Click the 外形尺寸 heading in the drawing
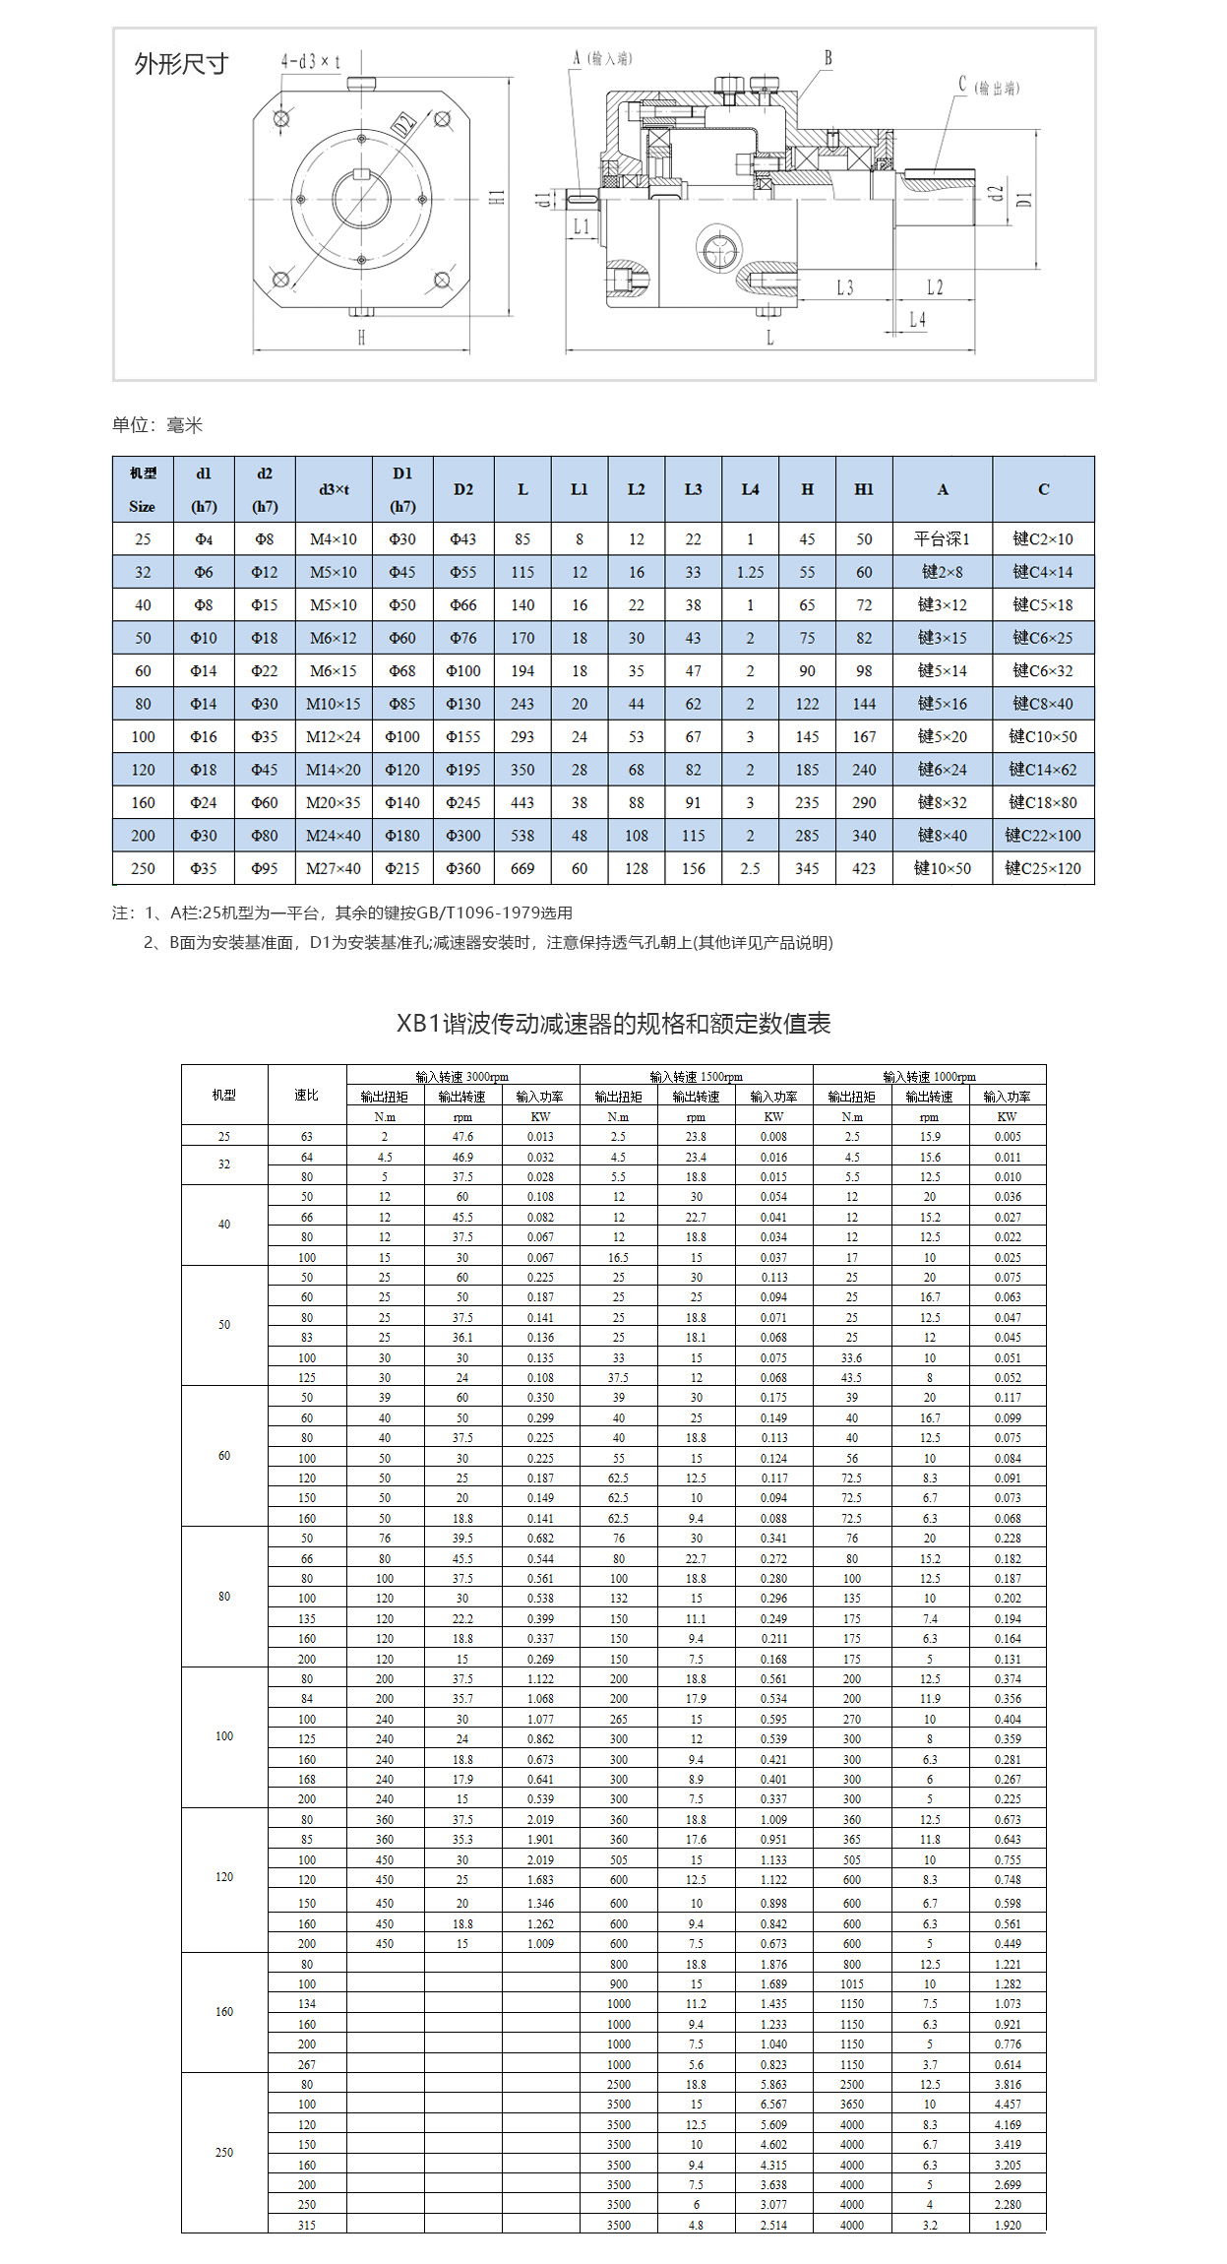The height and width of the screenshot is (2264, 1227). [x=181, y=65]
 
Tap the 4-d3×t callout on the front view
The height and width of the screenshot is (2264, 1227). [x=311, y=62]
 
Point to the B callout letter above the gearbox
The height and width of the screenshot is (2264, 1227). [x=828, y=58]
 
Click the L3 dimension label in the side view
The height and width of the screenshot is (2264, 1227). [x=844, y=287]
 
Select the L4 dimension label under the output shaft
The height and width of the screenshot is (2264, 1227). [x=917, y=320]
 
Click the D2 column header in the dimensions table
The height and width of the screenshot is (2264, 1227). [x=463, y=489]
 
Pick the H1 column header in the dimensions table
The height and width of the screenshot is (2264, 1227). [x=864, y=489]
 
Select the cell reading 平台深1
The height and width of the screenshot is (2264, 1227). [x=942, y=538]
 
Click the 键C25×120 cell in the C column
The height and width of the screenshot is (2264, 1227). [x=1043, y=868]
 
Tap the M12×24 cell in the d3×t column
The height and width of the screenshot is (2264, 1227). [x=334, y=736]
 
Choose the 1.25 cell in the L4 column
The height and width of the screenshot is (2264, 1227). [x=750, y=572]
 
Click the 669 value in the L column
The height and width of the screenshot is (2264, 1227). [x=522, y=868]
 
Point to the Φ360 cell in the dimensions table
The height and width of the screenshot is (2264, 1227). [x=463, y=868]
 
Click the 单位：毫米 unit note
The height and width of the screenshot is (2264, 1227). [x=157, y=425]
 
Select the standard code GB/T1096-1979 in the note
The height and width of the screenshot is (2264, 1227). [x=509, y=912]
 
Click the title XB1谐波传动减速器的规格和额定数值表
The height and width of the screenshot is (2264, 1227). [x=613, y=1024]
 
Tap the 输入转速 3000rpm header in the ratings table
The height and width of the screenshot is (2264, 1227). [x=462, y=1077]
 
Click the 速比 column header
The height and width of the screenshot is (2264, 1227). [x=307, y=1095]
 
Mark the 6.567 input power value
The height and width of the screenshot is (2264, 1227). [x=773, y=2105]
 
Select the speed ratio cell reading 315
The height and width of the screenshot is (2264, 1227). [x=307, y=2225]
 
